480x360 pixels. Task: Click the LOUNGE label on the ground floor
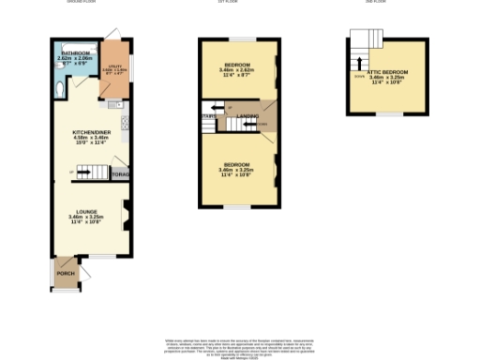tap(87, 212)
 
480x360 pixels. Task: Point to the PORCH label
tap(66, 273)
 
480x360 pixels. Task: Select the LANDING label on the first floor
tap(247, 115)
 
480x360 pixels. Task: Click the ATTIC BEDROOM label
tap(387, 71)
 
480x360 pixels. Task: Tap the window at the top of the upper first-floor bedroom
tap(241, 38)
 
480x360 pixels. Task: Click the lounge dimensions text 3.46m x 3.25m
tap(87, 217)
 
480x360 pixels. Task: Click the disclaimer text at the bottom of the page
tap(240, 344)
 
